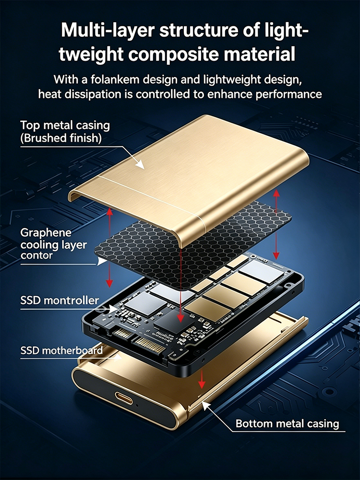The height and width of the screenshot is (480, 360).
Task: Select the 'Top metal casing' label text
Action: pos(65,126)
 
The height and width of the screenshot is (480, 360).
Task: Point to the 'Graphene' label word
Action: pos(46,233)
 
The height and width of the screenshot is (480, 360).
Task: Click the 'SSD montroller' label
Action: pos(60,301)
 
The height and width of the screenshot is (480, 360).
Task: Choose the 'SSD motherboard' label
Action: pos(61,350)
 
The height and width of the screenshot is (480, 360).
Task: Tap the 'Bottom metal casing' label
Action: pos(287,424)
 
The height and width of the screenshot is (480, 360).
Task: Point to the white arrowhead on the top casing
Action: pos(140,164)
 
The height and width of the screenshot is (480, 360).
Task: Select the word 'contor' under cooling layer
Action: pos(36,256)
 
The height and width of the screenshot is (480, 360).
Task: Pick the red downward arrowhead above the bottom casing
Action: pos(202,384)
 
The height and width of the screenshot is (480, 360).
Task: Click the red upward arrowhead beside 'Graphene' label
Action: pos(110,212)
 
